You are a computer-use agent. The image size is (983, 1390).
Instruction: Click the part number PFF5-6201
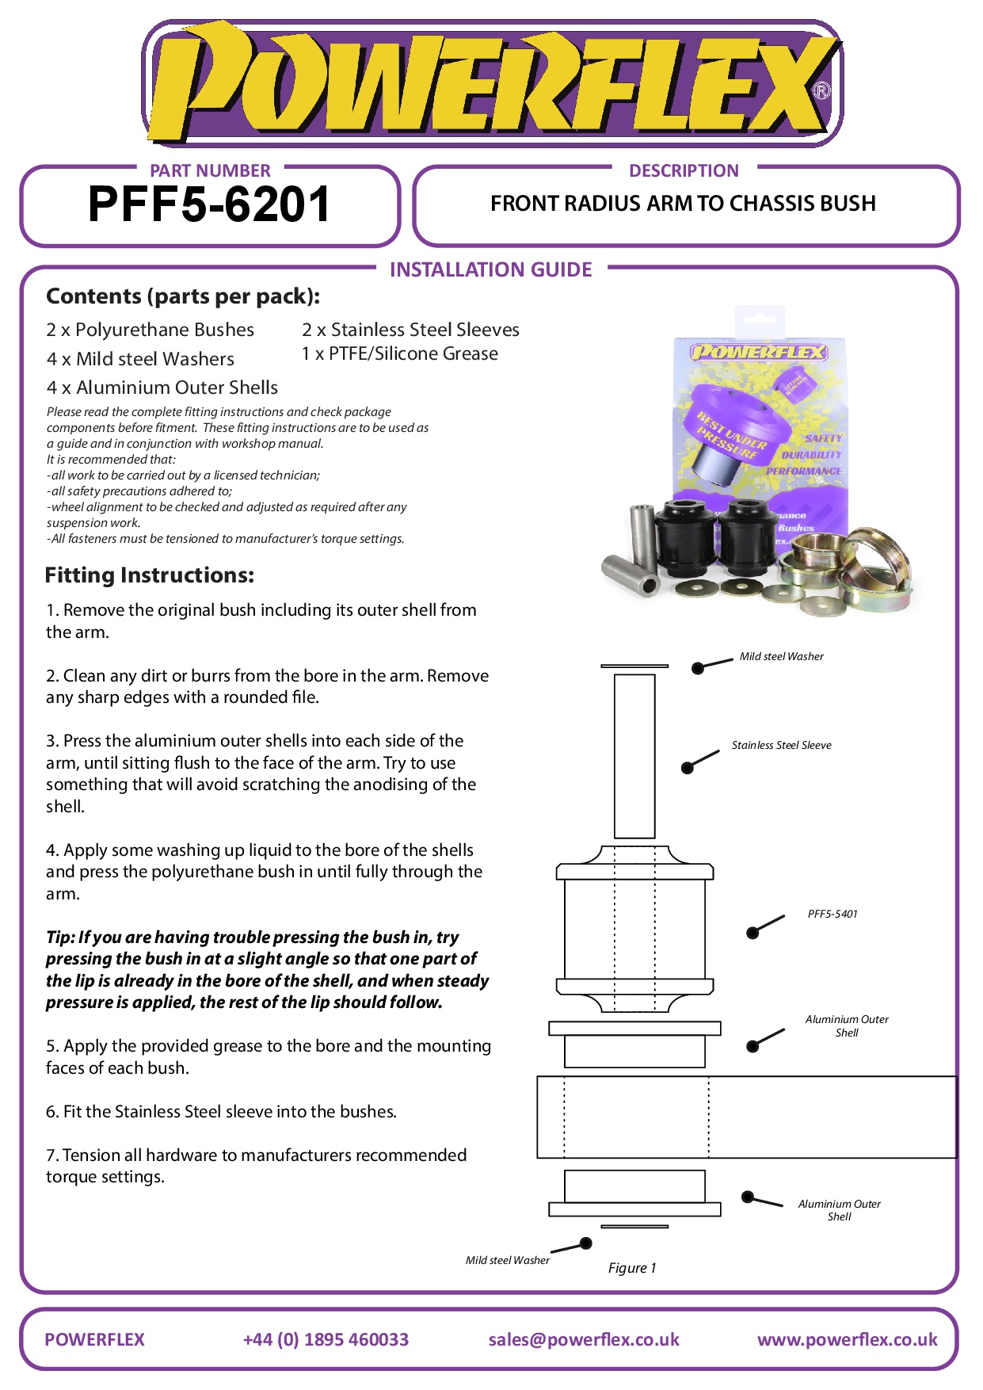click(x=209, y=204)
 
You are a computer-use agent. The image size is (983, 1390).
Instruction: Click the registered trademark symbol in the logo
click(x=821, y=90)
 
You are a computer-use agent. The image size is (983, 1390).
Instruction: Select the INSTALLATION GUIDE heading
click(x=490, y=270)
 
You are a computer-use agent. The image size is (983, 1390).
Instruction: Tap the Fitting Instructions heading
click(x=150, y=575)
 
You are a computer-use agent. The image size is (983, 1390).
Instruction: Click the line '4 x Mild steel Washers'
click(x=140, y=359)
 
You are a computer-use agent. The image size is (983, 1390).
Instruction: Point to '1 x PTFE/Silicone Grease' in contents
click(x=399, y=353)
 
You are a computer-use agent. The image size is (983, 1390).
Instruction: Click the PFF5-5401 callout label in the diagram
click(x=832, y=914)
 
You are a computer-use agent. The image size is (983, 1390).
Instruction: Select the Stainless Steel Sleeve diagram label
click(x=781, y=745)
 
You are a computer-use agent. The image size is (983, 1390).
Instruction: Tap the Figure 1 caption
click(x=631, y=1268)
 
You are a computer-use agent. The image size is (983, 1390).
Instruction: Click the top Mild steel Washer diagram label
click(x=781, y=656)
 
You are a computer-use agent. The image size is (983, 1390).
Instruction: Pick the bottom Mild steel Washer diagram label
click(x=507, y=1260)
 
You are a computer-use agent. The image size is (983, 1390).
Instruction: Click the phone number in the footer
click(x=326, y=1339)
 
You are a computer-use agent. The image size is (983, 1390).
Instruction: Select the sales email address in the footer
click(x=584, y=1339)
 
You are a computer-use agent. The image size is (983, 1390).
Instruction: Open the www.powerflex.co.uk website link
click(x=847, y=1339)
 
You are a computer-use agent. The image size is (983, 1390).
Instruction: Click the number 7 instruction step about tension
click(x=256, y=1166)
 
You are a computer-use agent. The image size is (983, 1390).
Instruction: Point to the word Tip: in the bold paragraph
click(x=60, y=937)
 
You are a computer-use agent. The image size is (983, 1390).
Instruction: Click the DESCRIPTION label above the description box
click(x=684, y=171)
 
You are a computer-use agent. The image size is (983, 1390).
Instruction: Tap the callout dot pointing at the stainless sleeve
click(x=688, y=767)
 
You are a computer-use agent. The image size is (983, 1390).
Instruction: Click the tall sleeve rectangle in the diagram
click(x=634, y=756)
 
